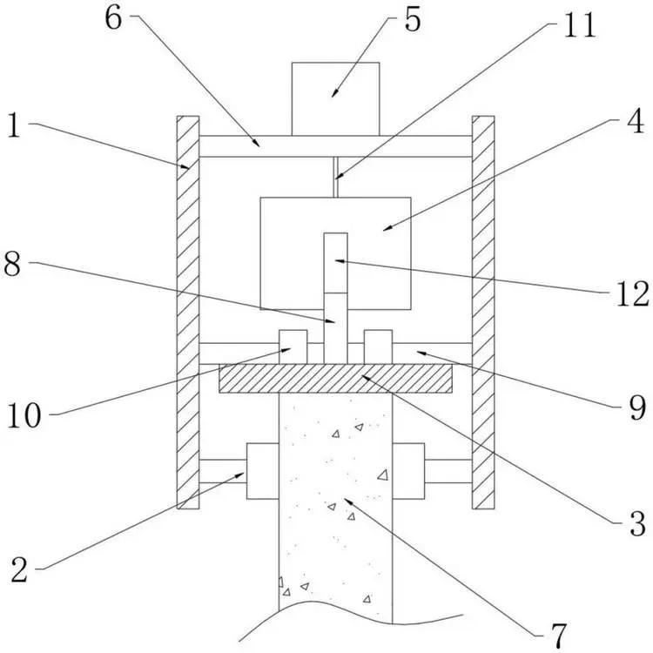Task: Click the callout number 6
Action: coord(113,18)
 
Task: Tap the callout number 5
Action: coord(413,20)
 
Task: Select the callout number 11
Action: coord(579,25)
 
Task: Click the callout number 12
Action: coord(632,294)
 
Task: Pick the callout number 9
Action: coord(637,407)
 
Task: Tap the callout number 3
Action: coord(637,523)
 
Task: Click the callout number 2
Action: coord(19,570)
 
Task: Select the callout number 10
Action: coord(24,415)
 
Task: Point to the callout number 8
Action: coord(11,264)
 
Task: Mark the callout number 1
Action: coord(14,125)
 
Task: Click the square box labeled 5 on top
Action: coord(336,99)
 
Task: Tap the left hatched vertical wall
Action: coord(188,313)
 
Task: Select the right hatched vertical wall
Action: coord(483,313)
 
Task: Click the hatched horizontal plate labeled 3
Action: coord(336,379)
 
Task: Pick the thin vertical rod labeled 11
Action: coord(335,177)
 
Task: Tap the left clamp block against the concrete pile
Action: coord(263,471)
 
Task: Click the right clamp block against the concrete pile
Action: coord(408,471)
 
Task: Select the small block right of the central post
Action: coord(378,347)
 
